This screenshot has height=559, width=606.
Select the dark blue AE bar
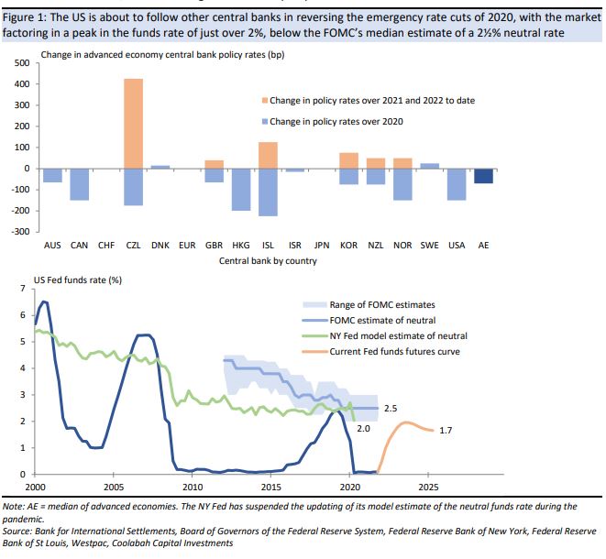coord(483,176)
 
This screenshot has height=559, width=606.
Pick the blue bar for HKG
coord(241,189)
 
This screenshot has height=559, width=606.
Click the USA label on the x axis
coord(457,246)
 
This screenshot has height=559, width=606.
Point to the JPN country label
coord(321,246)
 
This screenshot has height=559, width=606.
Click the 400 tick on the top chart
coord(21,84)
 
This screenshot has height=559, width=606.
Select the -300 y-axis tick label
coord(19,231)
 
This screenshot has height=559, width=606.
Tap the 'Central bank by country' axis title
coord(268,261)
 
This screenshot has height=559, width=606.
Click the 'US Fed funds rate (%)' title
coord(78,279)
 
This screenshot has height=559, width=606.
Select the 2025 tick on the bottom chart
coord(427,486)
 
